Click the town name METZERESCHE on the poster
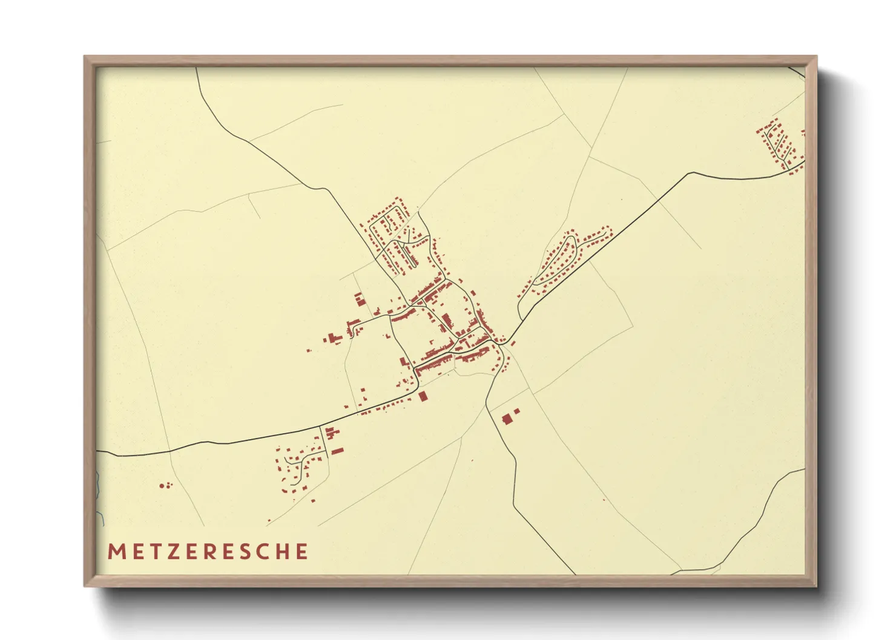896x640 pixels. pyautogui.click(x=208, y=552)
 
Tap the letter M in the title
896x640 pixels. pyautogui.click(x=116, y=552)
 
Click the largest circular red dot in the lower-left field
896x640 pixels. pyautogui.click(x=162, y=485)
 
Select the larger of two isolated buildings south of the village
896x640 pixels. pyautogui.click(x=507, y=419)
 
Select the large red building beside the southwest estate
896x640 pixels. pyautogui.click(x=337, y=451)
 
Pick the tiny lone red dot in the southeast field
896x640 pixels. pyautogui.click(x=604, y=500)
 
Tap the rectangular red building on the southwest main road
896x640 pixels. pyautogui.click(x=423, y=396)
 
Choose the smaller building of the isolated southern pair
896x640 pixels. pyautogui.click(x=516, y=411)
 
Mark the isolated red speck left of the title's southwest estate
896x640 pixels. pyautogui.click(x=269, y=520)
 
